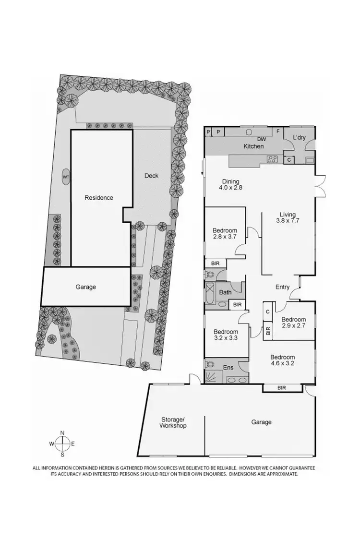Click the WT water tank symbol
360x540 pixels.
tap(65, 177)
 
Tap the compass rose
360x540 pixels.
tap(62, 444)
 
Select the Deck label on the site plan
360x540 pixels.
tap(151, 176)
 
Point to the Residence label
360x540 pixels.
tap(99, 197)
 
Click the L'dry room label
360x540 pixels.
tap(300, 138)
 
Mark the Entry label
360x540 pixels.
tap(282, 287)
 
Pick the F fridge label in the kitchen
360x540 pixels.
tap(277, 131)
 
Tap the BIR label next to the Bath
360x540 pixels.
tap(237, 304)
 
